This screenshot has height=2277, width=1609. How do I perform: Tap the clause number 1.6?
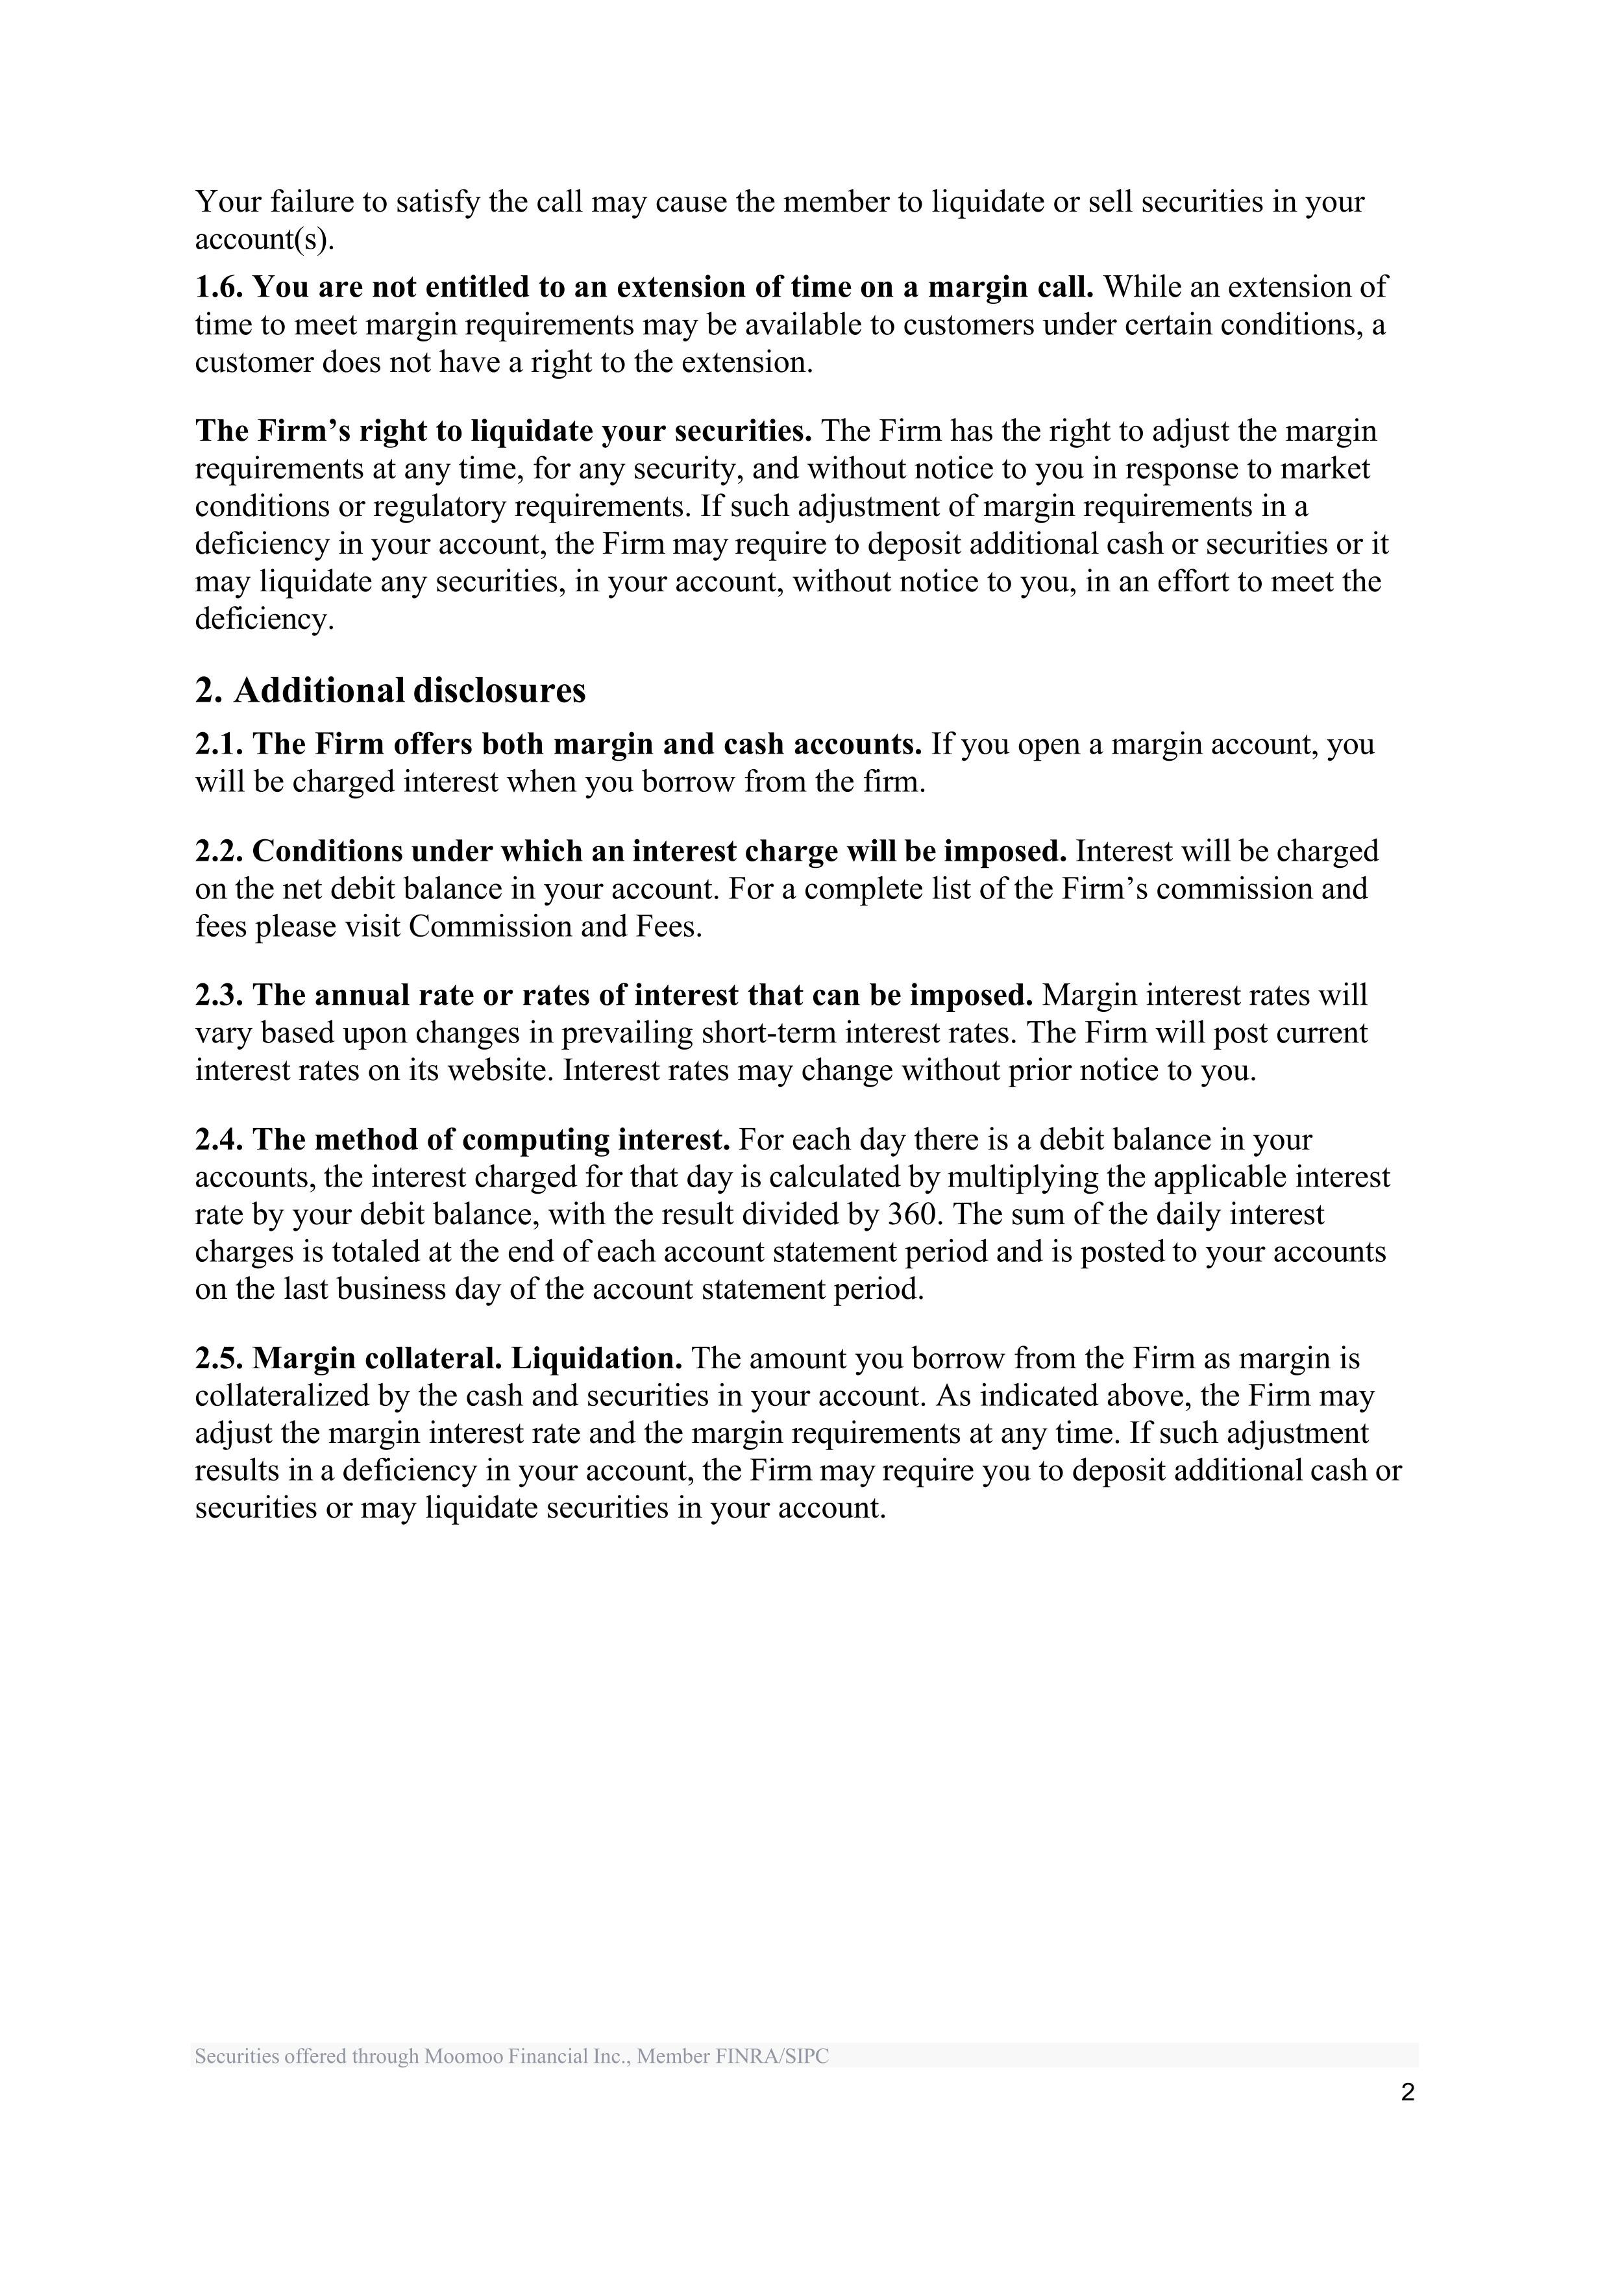(x=219, y=287)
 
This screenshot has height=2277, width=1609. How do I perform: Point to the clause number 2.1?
(x=219, y=744)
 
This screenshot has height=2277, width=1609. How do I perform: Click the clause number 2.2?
(x=219, y=851)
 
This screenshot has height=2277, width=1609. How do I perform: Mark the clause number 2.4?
(x=219, y=1140)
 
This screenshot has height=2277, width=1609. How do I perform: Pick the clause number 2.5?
(x=219, y=1358)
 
